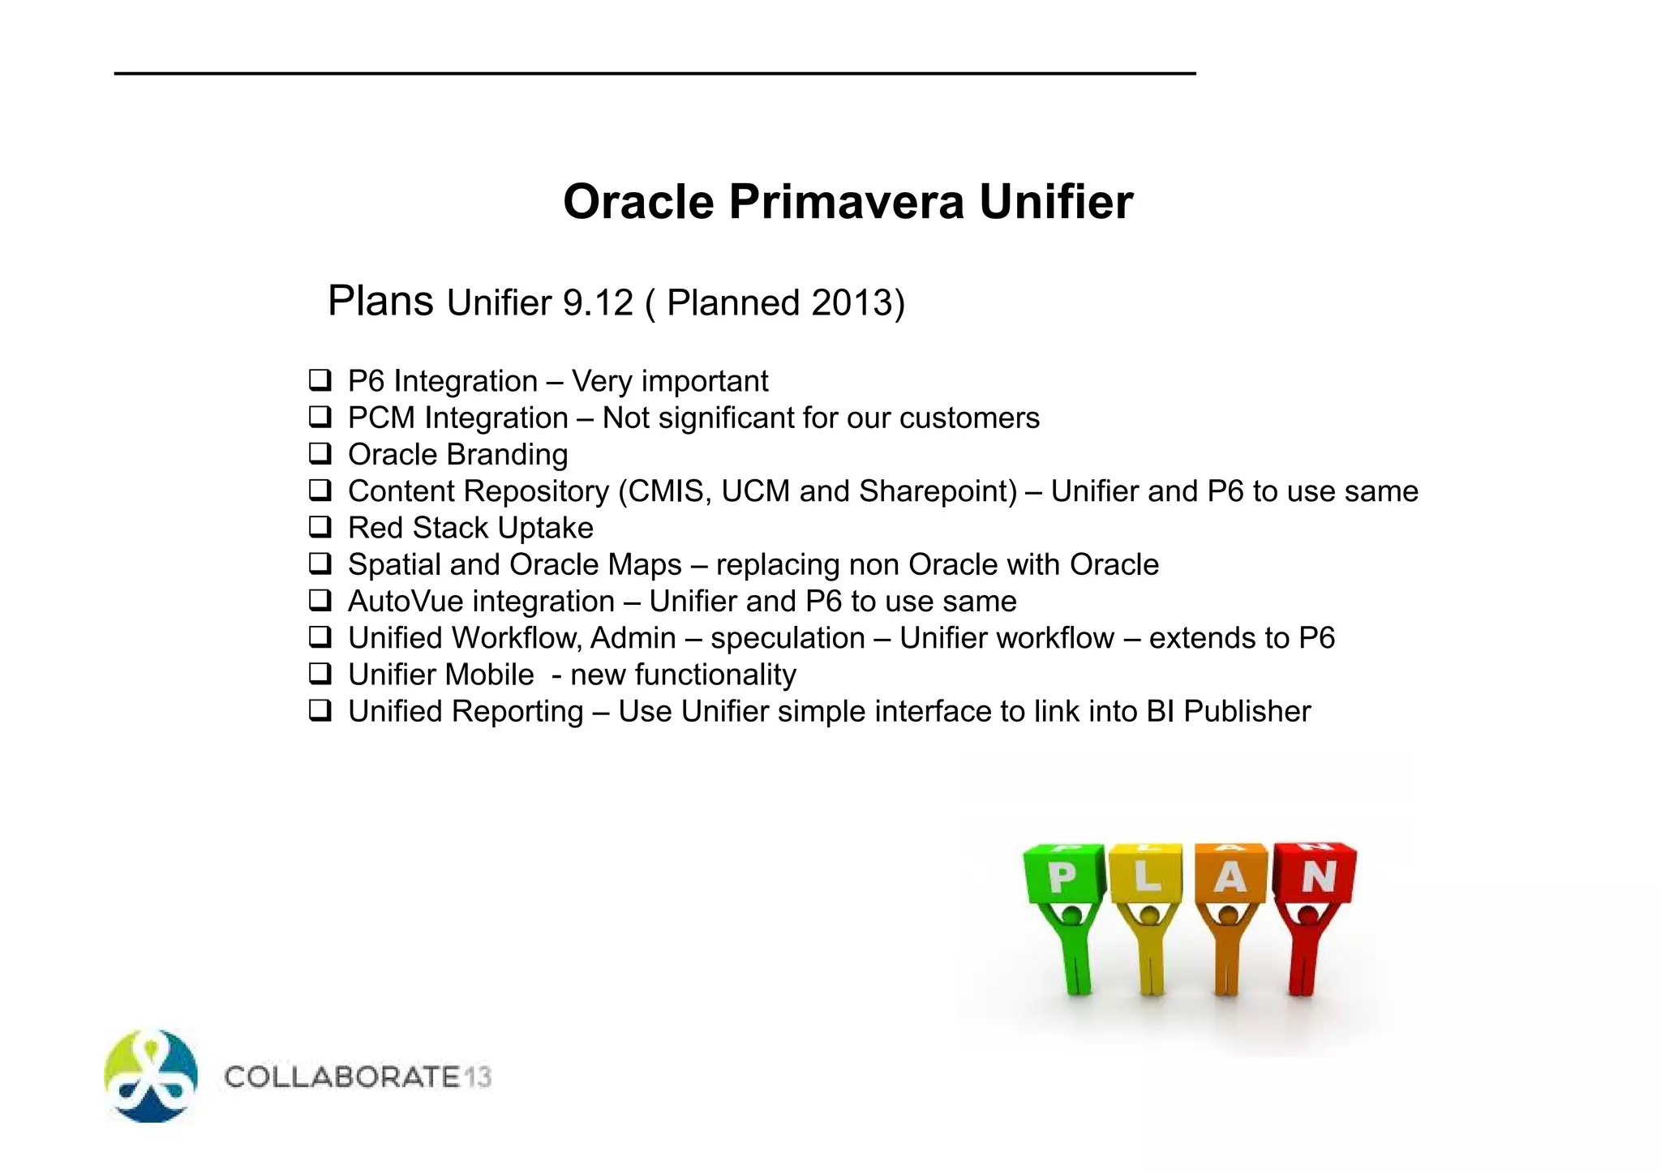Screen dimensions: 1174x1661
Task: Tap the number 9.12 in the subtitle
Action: (597, 303)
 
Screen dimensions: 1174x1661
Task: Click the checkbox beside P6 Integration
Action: (320, 379)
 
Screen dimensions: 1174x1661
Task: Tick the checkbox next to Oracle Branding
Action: (320, 453)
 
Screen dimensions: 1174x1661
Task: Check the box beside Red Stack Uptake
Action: (320, 527)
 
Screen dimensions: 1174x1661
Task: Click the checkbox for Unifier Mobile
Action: (320, 674)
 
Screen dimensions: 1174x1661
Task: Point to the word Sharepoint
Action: (937, 491)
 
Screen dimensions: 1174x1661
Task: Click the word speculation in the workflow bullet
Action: (788, 638)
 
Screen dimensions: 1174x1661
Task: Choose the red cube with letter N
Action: (1315, 874)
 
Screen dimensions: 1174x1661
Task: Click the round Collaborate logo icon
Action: (151, 1076)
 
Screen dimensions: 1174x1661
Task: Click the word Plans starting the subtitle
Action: (380, 302)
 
